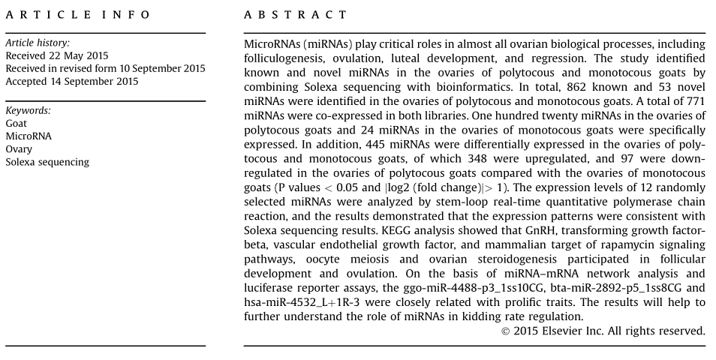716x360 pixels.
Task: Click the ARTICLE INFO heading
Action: click(x=78, y=15)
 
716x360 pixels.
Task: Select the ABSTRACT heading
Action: click(x=296, y=15)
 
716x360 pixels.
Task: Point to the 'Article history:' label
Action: click(x=38, y=43)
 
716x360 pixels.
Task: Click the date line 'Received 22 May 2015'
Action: click(x=57, y=56)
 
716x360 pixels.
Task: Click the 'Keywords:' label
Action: click(x=29, y=110)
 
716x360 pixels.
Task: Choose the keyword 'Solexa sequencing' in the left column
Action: click(x=47, y=161)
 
